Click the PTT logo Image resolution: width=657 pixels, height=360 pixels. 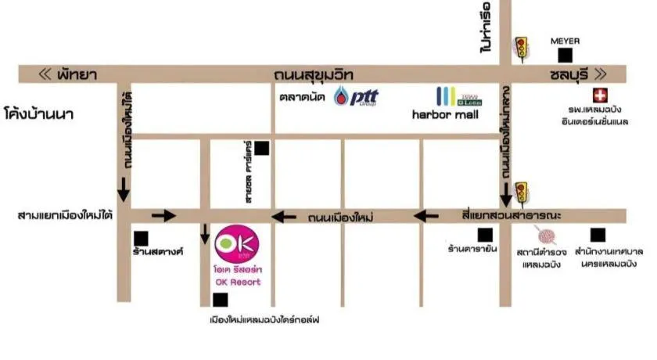pyautogui.click(x=356, y=97)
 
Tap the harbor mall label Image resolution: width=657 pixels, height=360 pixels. pyautogui.click(x=445, y=114)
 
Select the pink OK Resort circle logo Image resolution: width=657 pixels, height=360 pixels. pyautogui.click(x=232, y=244)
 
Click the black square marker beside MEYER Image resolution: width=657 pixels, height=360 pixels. pyautogui.click(x=565, y=55)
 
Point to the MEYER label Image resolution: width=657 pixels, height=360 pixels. pyautogui.click(x=565, y=40)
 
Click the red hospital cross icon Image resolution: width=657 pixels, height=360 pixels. pyautogui.click(x=600, y=95)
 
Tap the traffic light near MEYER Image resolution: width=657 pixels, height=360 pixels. pyautogui.click(x=520, y=47)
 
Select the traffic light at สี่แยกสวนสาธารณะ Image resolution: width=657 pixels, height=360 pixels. pyautogui.click(x=520, y=192)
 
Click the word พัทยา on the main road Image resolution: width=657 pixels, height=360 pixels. pyautogui.click(x=77, y=74)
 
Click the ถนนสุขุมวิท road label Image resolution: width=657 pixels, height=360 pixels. pyautogui.click(x=314, y=74)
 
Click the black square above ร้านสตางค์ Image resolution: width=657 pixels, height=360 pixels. pyautogui.click(x=141, y=238)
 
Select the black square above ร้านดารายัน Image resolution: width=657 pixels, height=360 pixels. pyautogui.click(x=485, y=234)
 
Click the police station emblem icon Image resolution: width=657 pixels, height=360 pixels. pyautogui.click(x=544, y=234)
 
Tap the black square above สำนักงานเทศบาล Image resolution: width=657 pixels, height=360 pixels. pyautogui.click(x=598, y=234)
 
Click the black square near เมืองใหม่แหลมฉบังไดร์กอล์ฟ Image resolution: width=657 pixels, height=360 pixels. pyautogui.click(x=220, y=300)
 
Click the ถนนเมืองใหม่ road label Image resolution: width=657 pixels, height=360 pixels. pyautogui.click(x=340, y=217)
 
